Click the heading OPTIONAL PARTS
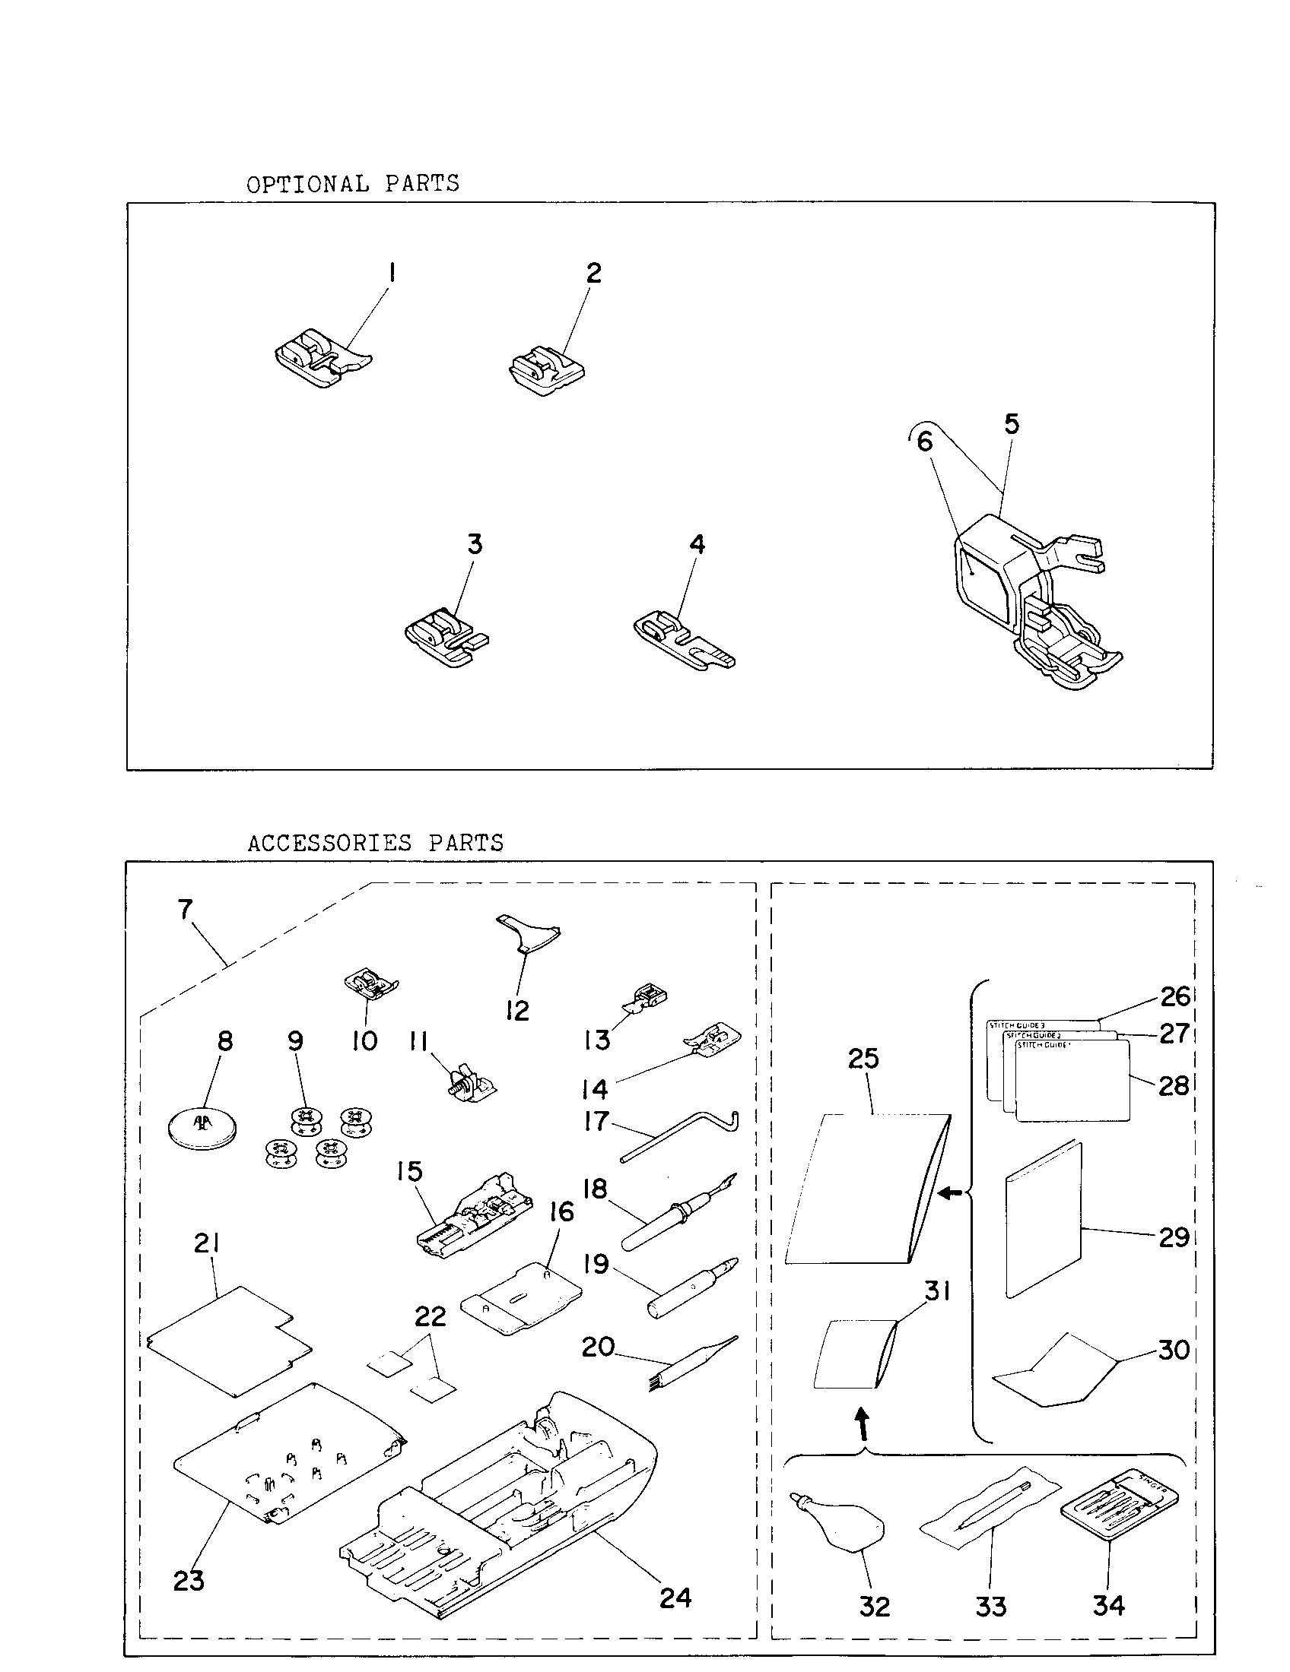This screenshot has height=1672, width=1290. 352,184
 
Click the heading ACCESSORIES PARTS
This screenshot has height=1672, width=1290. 375,843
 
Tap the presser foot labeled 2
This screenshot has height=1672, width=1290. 545,371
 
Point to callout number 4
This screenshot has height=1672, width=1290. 696,544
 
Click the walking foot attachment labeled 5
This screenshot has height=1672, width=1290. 1027,605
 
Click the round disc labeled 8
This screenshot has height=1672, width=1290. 202,1128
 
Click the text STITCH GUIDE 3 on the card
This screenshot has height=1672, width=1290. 1016,1025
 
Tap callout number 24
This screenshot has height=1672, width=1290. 675,1598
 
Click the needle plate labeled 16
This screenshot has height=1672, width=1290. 523,1297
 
